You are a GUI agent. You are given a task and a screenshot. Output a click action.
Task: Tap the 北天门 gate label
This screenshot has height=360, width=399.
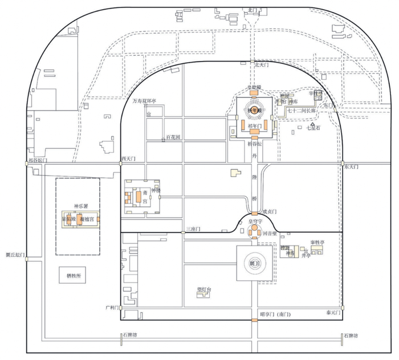pos(260,65)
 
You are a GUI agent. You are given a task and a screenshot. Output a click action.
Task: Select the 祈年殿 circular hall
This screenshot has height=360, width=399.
pos(253,109)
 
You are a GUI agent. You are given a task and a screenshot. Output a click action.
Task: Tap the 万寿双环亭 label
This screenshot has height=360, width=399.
pos(144,101)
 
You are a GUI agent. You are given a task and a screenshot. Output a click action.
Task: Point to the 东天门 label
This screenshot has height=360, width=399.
pos(352,167)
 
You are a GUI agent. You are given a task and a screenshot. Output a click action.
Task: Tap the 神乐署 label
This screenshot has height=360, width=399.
pos(79,206)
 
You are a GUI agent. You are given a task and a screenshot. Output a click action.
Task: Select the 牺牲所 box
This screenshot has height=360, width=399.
pos(75,276)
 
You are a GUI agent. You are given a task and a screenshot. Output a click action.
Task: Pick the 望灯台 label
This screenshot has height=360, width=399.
pos(203,289)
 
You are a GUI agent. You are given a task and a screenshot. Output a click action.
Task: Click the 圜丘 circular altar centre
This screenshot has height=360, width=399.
pos(254,264)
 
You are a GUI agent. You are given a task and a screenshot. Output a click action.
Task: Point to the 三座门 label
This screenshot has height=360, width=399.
pos(193,229)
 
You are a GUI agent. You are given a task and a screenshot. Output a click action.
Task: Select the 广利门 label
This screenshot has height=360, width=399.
pos(111,308)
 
